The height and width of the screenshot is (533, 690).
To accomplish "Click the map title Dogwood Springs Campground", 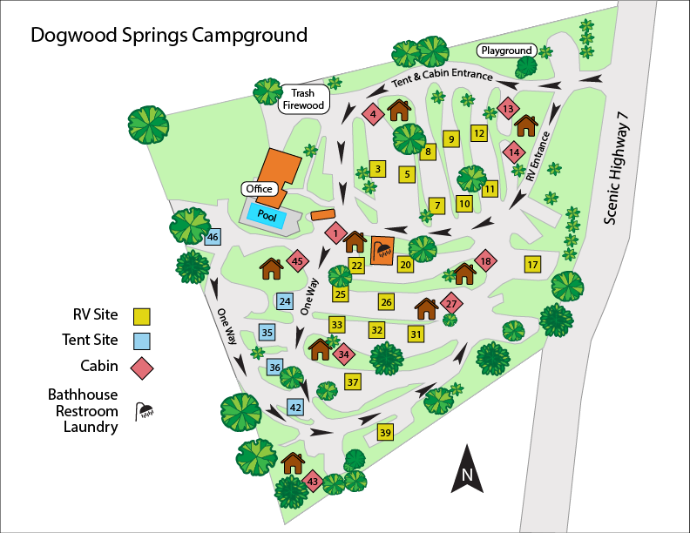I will tap(169, 36).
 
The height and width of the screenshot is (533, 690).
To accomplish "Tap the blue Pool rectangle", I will tap(267, 214).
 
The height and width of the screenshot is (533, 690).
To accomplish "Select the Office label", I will tap(259, 189).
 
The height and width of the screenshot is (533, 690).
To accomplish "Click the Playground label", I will tap(506, 51).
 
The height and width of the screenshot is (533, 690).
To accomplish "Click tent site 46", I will tap(213, 237).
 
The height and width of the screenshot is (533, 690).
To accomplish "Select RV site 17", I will tap(533, 264).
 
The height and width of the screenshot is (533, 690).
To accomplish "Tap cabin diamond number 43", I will tap(313, 482).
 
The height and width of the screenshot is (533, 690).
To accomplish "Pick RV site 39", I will tap(385, 433).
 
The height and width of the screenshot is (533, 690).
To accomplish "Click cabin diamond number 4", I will tap(373, 113).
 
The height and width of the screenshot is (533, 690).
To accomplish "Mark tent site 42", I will tap(295, 408).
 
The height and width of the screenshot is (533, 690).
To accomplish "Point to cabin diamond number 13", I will tap(509, 110).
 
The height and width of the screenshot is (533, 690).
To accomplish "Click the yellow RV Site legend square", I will tap(143, 315).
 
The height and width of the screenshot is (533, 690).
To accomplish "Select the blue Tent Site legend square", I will tap(143, 341).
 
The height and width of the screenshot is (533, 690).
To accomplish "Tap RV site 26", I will tap(387, 301).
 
